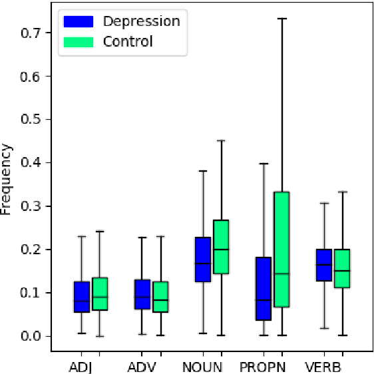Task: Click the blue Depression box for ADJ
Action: (81, 297)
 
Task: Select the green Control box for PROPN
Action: (281, 249)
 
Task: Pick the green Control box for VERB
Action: (342, 268)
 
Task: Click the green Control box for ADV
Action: (160, 297)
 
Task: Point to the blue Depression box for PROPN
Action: (264, 288)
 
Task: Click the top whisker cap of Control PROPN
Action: (281, 19)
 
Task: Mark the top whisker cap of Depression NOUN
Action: (202, 171)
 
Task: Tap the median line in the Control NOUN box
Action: (220, 250)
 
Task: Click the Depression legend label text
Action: (141, 21)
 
